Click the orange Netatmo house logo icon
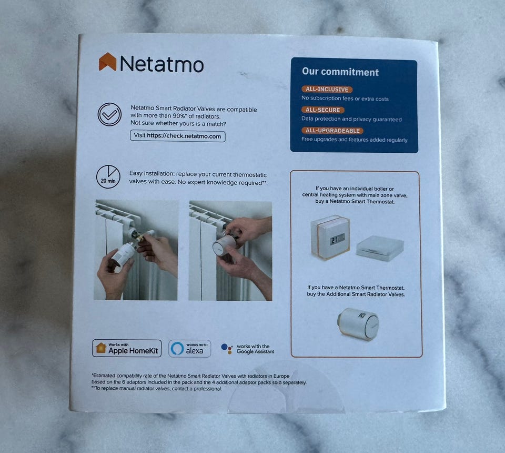(107, 62)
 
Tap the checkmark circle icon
(109, 114)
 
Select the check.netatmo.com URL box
(177, 136)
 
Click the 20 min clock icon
(108, 177)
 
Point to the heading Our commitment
(340, 72)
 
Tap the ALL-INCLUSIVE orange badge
(327, 90)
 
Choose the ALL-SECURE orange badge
(322, 110)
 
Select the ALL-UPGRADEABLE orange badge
(332, 131)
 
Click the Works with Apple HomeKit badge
(127, 348)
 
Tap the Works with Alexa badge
(190, 349)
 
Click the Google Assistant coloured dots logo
(227, 349)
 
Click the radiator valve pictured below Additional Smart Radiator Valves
(358, 323)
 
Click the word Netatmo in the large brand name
(161, 64)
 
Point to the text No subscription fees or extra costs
(345, 99)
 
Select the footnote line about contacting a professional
(157, 389)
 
